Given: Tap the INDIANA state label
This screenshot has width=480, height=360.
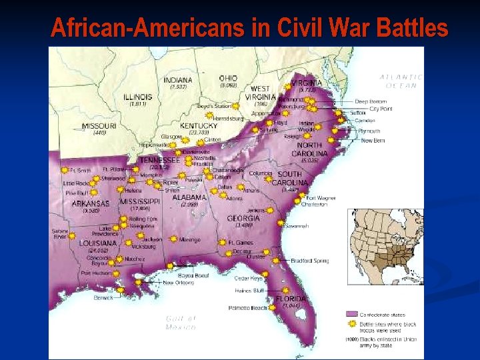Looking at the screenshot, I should tap(178, 80).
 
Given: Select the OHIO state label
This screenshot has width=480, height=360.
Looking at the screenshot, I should tap(228, 78).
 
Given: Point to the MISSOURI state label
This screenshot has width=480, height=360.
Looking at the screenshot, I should tap(99, 126).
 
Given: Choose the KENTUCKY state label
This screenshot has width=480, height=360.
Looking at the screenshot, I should tap(199, 125).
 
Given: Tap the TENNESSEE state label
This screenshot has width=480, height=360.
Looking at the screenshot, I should tap(159, 160).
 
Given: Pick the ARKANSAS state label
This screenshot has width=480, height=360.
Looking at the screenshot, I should tap(91, 203).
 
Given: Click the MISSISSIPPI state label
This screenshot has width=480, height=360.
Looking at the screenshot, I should tap(140, 201).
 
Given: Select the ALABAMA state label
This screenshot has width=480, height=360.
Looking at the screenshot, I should tap(189, 197).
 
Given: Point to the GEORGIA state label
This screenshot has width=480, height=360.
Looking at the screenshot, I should tap(243, 218).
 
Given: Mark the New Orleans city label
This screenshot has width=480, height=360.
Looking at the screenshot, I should tap(179, 283).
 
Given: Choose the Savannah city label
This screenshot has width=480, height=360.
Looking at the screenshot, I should tap(297, 227).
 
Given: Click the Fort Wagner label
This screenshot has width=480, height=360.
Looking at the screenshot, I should tap(320, 197).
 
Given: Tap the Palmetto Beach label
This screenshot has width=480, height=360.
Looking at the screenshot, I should tap(247, 308).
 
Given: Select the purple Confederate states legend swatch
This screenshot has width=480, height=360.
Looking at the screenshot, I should tap(351, 313).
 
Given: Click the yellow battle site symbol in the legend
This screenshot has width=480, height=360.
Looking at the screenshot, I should tap(351, 324).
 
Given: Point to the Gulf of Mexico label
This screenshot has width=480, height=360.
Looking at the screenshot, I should tap(181, 323).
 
